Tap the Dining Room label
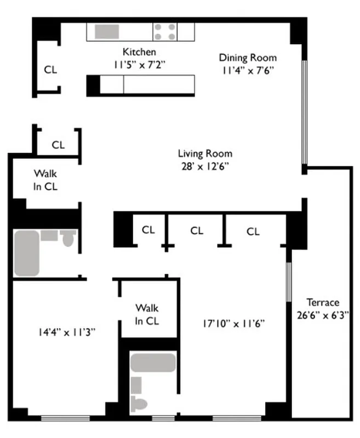[x=248, y=57]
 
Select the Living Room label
[x=205, y=154]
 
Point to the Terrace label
[x=322, y=302]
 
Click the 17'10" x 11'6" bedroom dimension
[x=233, y=323]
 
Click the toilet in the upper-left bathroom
[x=68, y=238]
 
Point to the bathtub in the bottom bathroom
[x=153, y=362]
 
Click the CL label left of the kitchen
[x=50, y=70]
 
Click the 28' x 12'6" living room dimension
[x=205, y=166]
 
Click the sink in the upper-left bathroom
[x=49, y=235]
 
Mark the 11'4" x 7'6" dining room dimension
[x=248, y=70]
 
